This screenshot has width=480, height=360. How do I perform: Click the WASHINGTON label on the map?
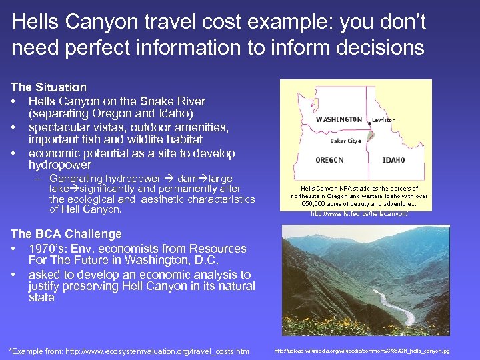(339, 120)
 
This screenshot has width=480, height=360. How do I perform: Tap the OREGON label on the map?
(329, 160)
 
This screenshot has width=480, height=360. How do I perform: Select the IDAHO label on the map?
(393, 160)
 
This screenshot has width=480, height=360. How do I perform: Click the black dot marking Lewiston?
(369, 121)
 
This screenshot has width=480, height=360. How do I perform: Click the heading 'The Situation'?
(49, 87)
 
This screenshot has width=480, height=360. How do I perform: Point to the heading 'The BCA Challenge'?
(66, 234)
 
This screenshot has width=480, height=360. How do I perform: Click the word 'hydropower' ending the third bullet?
(60, 165)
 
